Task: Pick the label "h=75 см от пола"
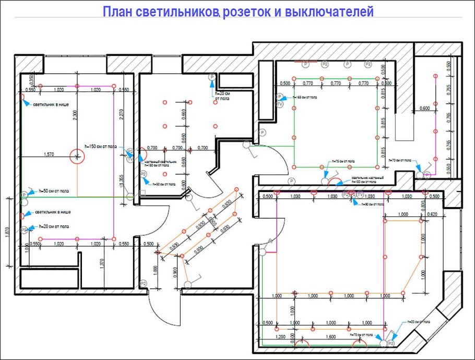point(343,162)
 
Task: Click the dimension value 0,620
point(432,214)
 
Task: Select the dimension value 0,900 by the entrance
point(175,271)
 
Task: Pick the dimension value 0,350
point(31,79)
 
